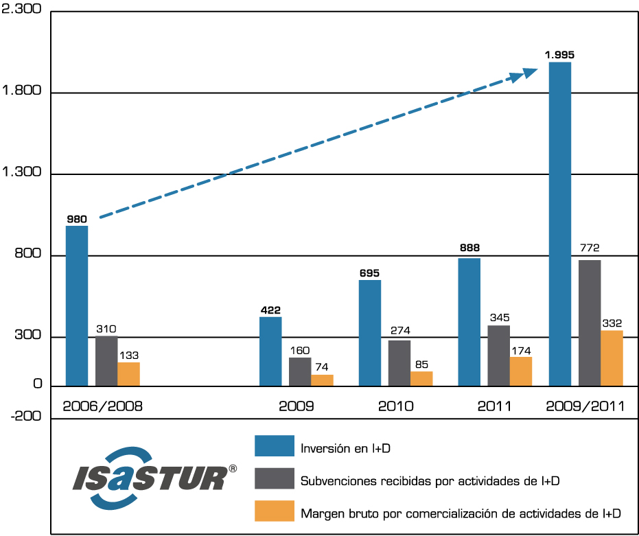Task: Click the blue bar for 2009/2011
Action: (x=560, y=224)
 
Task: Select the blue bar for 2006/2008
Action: (x=77, y=306)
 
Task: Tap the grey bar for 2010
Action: (x=399, y=363)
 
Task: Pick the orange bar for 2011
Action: (x=521, y=371)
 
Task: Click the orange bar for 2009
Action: (x=322, y=380)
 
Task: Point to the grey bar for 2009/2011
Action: (x=590, y=323)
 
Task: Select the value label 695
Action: (x=370, y=272)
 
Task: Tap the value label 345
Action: (x=499, y=318)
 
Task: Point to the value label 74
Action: (x=322, y=367)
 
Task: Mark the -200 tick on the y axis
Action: (x=24, y=416)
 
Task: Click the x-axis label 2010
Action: (x=395, y=406)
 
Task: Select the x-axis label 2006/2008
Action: (x=102, y=406)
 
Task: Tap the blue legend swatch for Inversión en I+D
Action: (x=275, y=446)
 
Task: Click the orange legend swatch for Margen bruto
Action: (x=275, y=511)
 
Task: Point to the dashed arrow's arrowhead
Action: (x=528, y=73)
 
